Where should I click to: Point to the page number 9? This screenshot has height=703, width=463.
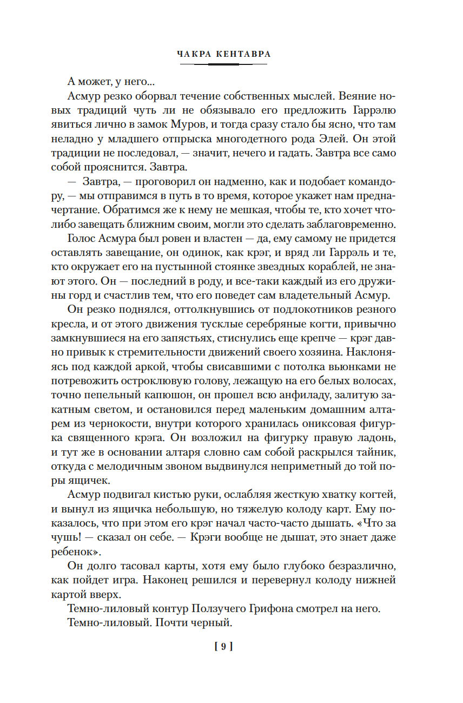coord(223,646)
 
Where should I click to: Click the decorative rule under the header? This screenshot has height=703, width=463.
coord(223,64)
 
